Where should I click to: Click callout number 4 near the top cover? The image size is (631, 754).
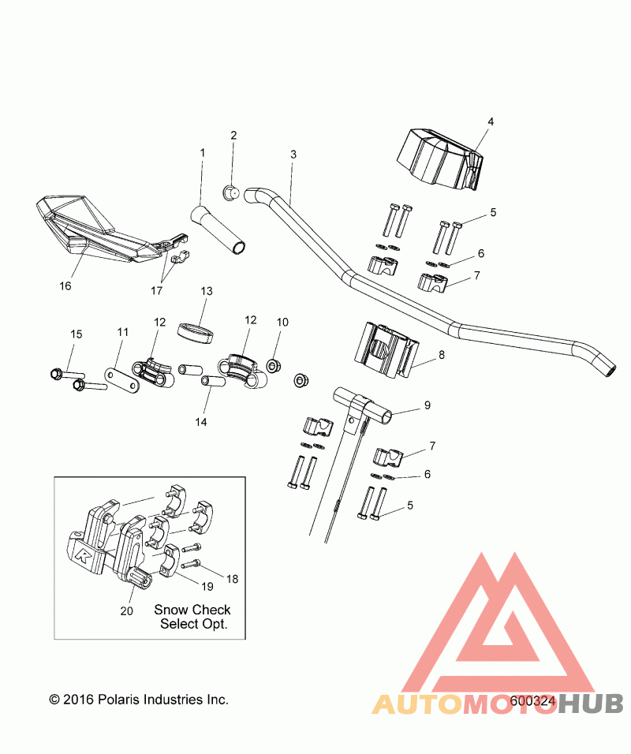tap(490, 122)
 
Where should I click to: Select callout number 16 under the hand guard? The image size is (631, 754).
tap(65, 286)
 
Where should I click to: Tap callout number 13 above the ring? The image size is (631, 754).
tap(207, 292)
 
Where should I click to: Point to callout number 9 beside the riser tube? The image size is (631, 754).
tap(427, 405)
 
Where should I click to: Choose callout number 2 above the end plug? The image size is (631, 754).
tap(233, 135)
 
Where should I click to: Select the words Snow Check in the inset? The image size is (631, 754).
tap(192, 610)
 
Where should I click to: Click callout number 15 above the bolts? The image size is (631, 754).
tap(76, 334)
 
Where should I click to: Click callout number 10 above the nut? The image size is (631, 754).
tap(282, 322)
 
